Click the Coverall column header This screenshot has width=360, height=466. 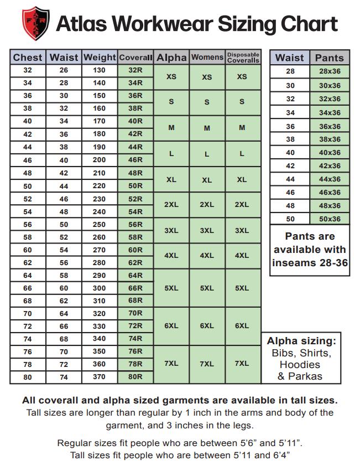tap(135, 58)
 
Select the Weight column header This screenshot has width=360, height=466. tap(100, 57)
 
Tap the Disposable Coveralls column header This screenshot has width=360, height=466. tap(243, 58)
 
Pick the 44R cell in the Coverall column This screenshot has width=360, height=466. tap(135, 147)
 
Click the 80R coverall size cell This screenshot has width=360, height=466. tap(135, 377)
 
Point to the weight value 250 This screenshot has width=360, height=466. tap(99, 224)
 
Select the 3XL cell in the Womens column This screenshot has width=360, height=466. tap(207, 230)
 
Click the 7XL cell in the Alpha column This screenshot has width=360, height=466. tap(171, 364)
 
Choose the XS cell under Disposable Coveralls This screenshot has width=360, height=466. tap(242, 77)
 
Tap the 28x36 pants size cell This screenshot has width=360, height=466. tap(330, 71)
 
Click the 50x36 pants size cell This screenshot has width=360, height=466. tap(330, 219)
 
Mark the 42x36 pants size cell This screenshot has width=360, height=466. tap(330, 166)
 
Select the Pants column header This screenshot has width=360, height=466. tap(330, 58)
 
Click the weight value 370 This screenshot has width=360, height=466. tap(99, 377)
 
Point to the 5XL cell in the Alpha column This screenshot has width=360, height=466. tap(171, 288)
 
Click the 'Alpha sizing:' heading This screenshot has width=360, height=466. tap(301, 340)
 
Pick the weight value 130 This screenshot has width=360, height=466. tap(99, 70)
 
